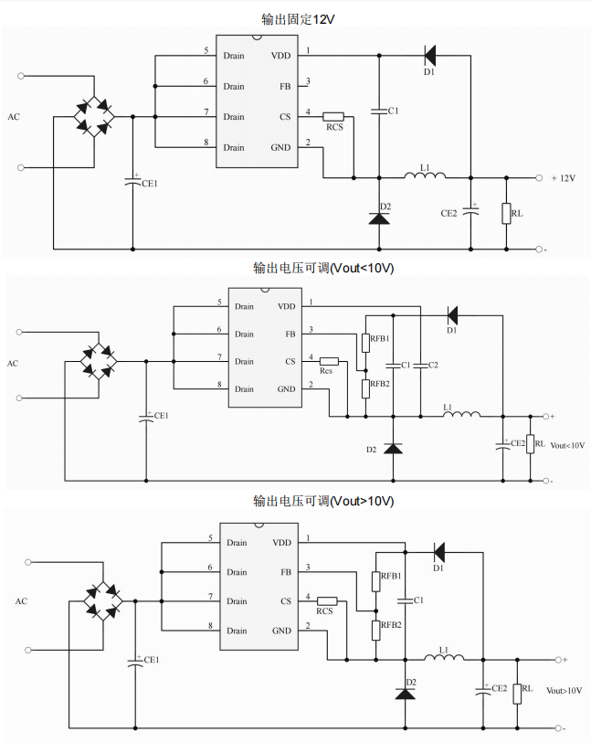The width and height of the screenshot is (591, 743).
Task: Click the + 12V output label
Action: click(x=562, y=178)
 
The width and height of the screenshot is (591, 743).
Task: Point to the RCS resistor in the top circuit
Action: click(x=333, y=117)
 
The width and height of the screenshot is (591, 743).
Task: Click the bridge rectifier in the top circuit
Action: click(x=95, y=117)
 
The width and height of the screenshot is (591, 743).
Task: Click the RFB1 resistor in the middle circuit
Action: click(x=365, y=343)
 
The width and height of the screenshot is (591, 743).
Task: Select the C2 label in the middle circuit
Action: click(x=433, y=366)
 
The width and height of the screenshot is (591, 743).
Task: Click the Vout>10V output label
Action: click(x=564, y=691)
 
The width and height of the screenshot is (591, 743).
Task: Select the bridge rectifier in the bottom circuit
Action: click(x=102, y=601)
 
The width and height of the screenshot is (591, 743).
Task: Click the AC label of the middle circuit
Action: click(x=13, y=363)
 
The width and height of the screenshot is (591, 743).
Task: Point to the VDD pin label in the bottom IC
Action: click(x=281, y=542)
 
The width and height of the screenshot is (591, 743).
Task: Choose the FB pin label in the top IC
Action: click(x=285, y=86)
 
